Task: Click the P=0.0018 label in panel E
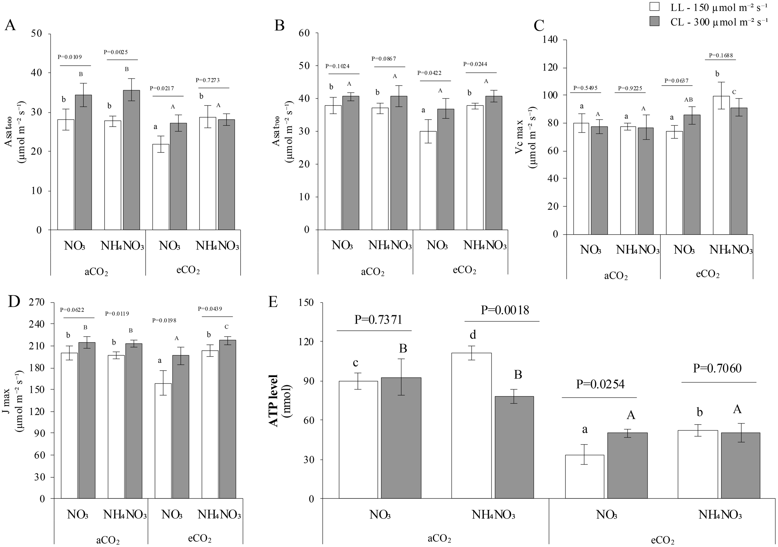click(x=505, y=310)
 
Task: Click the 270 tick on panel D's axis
click(x=37, y=302)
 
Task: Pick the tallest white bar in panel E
click(x=472, y=425)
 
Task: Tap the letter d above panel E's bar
click(x=473, y=334)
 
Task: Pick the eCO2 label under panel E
click(x=663, y=540)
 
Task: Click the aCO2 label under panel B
click(x=373, y=272)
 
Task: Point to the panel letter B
click(x=279, y=26)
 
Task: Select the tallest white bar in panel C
click(x=721, y=165)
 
